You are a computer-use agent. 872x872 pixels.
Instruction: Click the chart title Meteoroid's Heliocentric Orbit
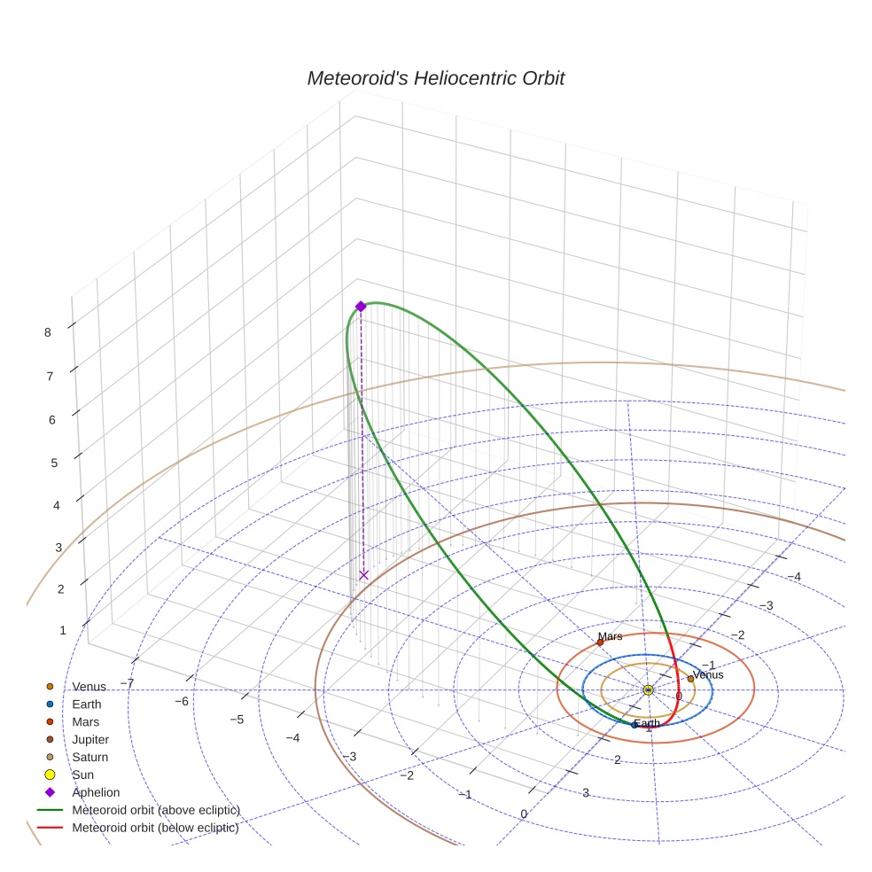click(x=435, y=79)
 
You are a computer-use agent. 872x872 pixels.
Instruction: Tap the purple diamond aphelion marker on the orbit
click(x=361, y=306)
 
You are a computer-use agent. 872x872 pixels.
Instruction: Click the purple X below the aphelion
click(x=363, y=575)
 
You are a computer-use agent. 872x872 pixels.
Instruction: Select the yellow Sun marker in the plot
click(x=648, y=689)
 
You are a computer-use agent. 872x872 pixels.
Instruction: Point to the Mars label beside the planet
click(x=610, y=636)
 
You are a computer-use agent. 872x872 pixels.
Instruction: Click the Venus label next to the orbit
click(x=707, y=674)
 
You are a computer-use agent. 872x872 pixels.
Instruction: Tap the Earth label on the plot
click(x=647, y=723)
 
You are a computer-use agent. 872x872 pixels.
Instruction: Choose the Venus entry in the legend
click(x=89, y=687)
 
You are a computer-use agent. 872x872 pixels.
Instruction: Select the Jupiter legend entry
click(x=90, y=739)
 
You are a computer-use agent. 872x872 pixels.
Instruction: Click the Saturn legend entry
click(x=90, y=757)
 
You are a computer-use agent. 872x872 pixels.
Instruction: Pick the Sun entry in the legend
click(x=82, y=775)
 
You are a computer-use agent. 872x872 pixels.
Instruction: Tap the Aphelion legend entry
click(x=95, y=792)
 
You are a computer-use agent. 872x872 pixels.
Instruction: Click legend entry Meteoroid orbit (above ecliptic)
click(x=155, y=810)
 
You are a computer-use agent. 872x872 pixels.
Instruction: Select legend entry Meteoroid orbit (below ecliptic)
click(x=155, y=828)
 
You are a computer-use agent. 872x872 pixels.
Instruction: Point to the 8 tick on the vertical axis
click(x=47, y=332)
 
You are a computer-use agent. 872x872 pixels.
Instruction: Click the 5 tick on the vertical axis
click(x=55, y=463)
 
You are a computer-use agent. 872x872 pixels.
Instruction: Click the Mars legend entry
click(x=86, y=721)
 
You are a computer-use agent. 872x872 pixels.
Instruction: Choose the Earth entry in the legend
click(x=86, y=705)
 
